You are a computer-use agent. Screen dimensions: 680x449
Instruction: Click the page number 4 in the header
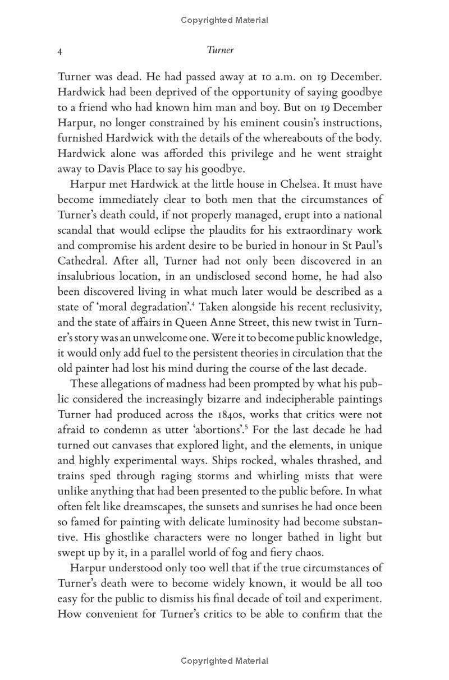(60, 51)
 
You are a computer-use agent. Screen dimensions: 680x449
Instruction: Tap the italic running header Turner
(220, 50)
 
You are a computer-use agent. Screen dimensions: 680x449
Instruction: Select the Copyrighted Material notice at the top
(224, 20)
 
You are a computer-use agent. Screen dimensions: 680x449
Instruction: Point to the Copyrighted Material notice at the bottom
(224, 661)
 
